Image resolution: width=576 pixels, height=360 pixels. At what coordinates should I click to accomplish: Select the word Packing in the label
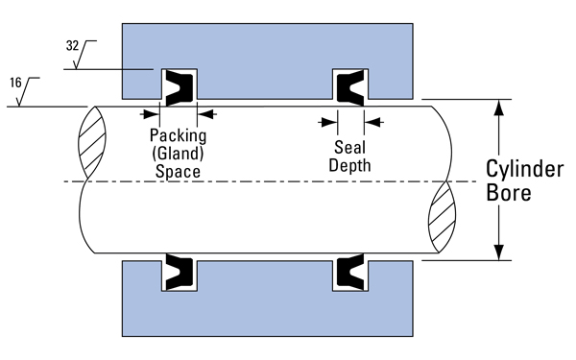[178, 137]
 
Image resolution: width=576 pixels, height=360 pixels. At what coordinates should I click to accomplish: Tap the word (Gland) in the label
[178, 155]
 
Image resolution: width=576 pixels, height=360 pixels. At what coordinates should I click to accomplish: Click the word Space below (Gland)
[178, 172]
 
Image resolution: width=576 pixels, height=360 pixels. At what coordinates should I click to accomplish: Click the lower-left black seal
[179, 273]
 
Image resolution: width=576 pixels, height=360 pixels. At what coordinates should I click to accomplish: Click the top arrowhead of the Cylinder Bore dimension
[497, 107]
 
